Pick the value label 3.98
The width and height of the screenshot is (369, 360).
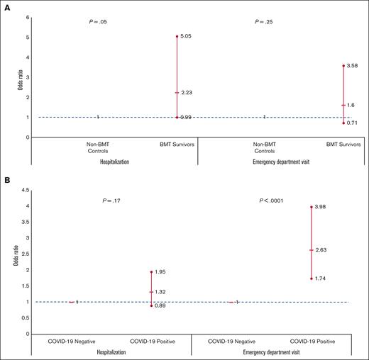321,207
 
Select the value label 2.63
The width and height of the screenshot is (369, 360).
321,249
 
